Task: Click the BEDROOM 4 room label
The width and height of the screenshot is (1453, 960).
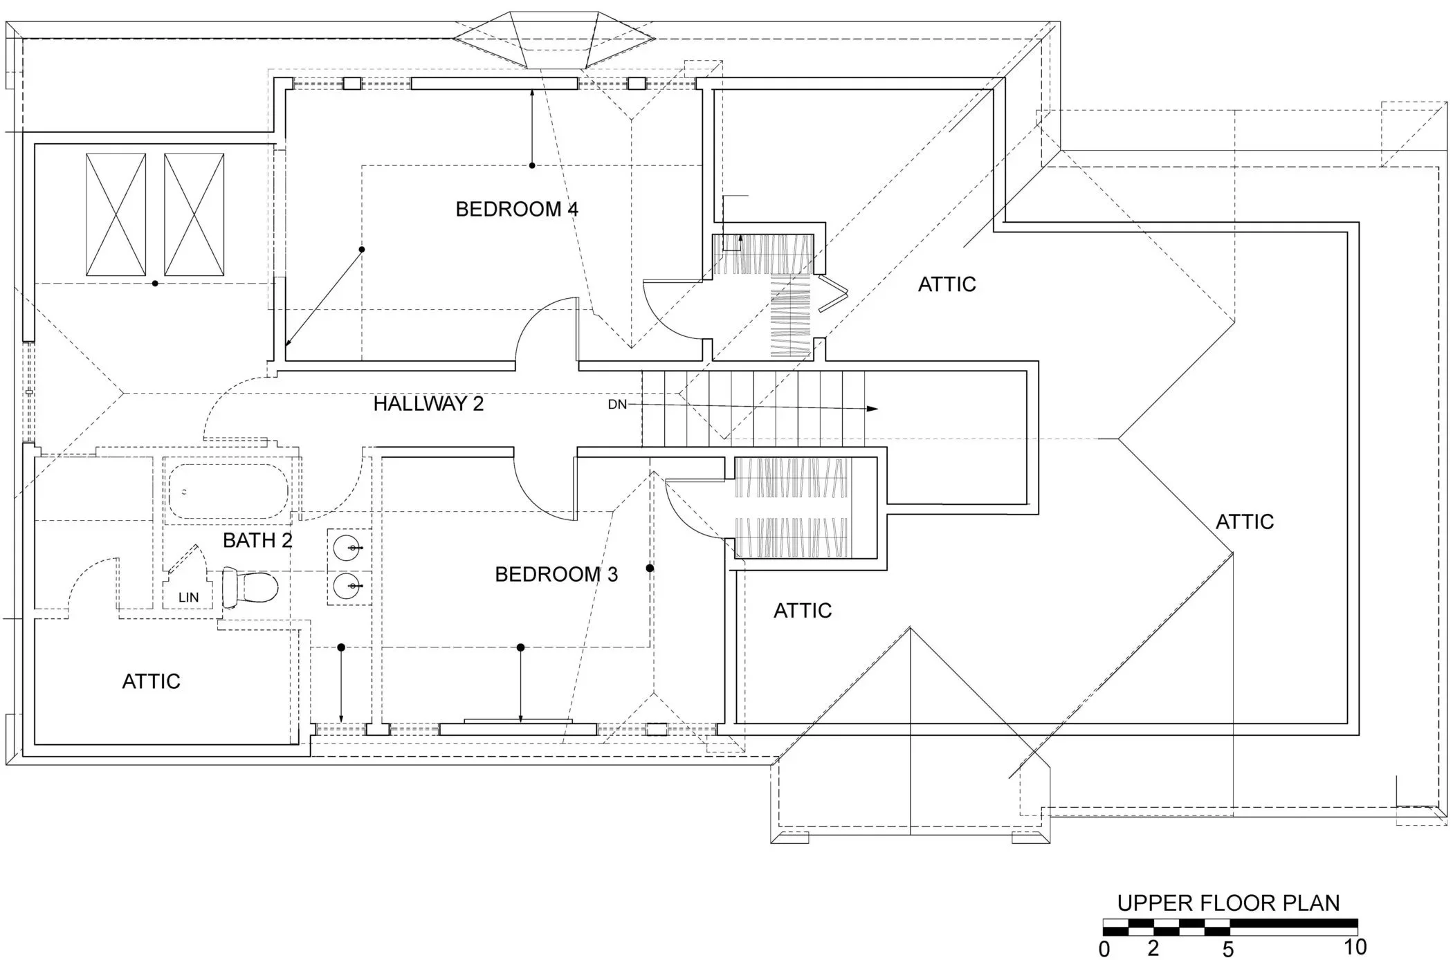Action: click(516, 209)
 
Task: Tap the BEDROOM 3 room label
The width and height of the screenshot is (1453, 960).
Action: click(556, 574)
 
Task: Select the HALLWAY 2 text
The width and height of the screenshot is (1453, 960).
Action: click(428, 404)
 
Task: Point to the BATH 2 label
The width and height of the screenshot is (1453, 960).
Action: click(257, 540)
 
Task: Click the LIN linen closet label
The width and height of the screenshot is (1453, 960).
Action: click(188, 598)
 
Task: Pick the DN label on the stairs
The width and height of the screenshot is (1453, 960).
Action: click(617, 405)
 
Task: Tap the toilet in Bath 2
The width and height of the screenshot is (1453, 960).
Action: click(250, 587)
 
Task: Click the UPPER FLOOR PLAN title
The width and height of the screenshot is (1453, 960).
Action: click(1228, 903)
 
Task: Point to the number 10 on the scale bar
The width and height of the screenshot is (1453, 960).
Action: click(1354, 946)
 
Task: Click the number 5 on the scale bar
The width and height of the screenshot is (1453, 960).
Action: click(1227, 949)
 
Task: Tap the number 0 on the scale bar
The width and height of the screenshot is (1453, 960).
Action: click(1104, 949)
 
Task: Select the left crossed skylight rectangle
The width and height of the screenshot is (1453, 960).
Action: click(116, 214)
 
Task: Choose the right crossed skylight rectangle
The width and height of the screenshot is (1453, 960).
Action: click(194, 214)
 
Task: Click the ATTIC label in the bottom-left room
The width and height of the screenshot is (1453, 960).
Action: click(151, 681)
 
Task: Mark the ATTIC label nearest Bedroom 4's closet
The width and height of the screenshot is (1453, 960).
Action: click(947, 284)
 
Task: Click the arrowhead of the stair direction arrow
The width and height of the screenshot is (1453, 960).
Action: click(873, 409)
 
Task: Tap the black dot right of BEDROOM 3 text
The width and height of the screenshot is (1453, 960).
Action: click(650, 569)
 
